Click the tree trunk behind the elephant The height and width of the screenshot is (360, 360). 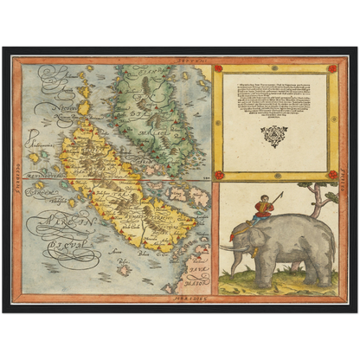pyautogui.click(x=318, y=205)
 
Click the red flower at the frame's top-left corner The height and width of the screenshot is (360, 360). pyautogui.click(x=218, y=68)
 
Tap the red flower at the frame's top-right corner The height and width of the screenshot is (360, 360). pyautogui.click(x=331, y=68)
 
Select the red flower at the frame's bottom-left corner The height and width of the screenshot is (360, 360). pyautogui.click(x=218, y=174)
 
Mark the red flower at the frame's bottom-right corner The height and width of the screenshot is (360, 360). pyautogui.click(x=331, y=174)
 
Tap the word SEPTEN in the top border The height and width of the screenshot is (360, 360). pyautogui.click(x=185, y=61)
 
